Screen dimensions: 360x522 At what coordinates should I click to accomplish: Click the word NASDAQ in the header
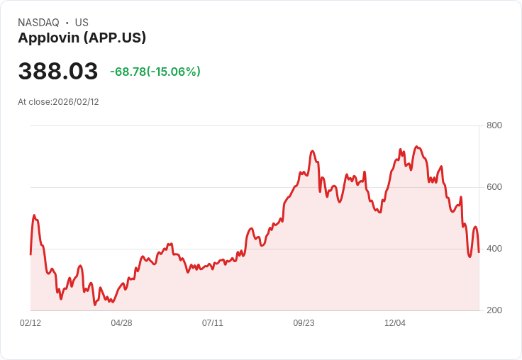(38, 23)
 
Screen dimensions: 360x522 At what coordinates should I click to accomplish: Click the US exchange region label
(82, 23)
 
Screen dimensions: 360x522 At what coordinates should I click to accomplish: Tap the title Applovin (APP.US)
(82, 38)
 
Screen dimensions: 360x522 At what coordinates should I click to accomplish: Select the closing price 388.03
(58, 72)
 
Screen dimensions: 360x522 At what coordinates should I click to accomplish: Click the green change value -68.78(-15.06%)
(155, 72)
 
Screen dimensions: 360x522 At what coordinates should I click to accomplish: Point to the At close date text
(58, 102)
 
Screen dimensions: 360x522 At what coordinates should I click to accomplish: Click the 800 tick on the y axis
(494, 125)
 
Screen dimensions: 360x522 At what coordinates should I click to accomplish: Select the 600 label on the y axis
(494, 187)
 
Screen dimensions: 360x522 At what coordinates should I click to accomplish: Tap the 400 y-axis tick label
(494, 249)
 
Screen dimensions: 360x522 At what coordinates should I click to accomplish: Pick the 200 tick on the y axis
(494, 310)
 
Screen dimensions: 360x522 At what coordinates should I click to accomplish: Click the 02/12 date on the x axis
(30, 323)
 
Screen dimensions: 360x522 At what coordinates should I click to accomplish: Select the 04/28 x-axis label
(121, 323)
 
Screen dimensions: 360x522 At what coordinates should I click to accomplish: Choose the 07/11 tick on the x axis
(213, 323)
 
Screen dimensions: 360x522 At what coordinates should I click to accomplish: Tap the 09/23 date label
(304, 323)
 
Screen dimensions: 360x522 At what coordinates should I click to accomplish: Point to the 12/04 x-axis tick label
(395, 323)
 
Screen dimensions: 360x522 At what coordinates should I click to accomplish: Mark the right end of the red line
(479, 252)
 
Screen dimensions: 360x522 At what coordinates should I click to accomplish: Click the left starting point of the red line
(30, 254)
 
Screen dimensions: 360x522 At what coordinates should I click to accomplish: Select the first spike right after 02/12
(34, 215)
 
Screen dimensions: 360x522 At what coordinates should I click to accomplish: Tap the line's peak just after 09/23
(312, 151)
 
